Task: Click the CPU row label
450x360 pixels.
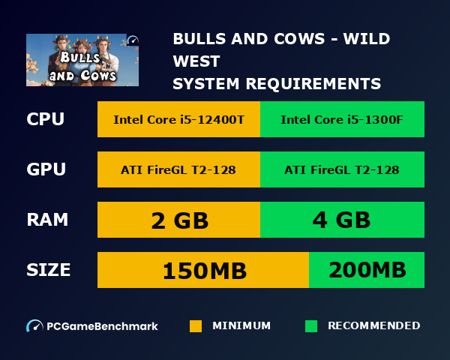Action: click(x=45, y=119)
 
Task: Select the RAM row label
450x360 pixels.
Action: click(x=47, y=220)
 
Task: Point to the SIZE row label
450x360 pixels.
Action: click(x=49, y=270)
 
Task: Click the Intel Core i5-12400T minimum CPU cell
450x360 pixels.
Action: click(x=178, y=119)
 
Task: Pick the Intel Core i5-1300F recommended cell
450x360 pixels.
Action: click(x=342, y=119)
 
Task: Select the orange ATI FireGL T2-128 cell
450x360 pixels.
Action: click(x=178, y=169)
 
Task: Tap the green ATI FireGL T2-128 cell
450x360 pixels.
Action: click(x=342, y=169)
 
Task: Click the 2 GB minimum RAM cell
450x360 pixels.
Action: click(x=178, y=220)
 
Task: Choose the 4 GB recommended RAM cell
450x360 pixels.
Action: click(x=342, y=220)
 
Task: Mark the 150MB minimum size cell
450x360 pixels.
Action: click(x=202, y=270)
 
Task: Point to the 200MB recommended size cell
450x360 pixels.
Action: click(x=367, y=270)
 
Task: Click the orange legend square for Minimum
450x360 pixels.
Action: click(x=196, y=326)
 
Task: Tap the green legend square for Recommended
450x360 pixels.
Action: click(x=311, y=326)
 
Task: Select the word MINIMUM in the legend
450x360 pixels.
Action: click(x=241, y=326)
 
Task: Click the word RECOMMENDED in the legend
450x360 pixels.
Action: click(x=373, y=326)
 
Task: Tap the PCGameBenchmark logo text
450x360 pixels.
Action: click(x=102, y=326)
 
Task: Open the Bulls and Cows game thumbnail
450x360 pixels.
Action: click(x=82, y=59)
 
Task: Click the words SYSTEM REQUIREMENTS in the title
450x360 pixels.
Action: click(x=277, y=83)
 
